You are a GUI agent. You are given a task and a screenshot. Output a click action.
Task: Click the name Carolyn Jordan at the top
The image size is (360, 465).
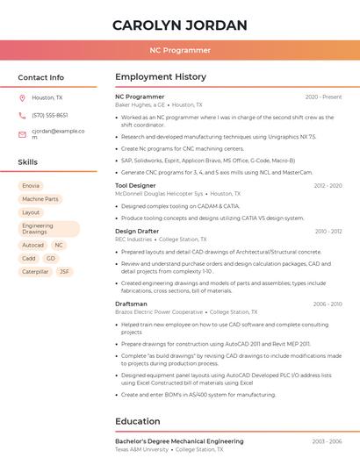(x=179, y=25)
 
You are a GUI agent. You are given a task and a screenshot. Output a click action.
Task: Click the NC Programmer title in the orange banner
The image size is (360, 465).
(x=180, y=51)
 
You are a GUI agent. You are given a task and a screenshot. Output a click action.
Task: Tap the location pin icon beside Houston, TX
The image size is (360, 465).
(x=22, y=97)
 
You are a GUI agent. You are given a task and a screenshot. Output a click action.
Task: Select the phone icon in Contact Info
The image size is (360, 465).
(x=22, y=115)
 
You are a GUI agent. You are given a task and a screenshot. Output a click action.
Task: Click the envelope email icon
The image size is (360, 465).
(x=22, y=134)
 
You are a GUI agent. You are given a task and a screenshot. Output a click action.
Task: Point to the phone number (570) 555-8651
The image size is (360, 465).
(x=50, y=115)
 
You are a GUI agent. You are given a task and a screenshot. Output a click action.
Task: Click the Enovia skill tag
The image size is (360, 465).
(x=31, y=186)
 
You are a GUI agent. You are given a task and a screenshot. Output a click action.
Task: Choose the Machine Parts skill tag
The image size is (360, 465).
(x=40, y=199)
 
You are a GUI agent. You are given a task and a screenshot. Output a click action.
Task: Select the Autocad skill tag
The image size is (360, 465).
(x=32, y=246)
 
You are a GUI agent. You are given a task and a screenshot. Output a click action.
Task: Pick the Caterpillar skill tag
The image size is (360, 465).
(x=35, y=272)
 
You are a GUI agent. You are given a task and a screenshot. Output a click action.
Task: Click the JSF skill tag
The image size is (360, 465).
(x=64, y=272)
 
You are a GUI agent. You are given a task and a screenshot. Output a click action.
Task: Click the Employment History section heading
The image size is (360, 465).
(x=160, y=77)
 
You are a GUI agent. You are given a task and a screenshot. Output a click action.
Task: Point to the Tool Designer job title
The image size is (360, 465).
(x=135, y=185)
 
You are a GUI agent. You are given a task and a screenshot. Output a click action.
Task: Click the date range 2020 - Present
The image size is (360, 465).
(x=323, y=97)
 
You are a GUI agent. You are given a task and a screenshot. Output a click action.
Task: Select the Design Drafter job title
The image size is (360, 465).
(x=137, y=231)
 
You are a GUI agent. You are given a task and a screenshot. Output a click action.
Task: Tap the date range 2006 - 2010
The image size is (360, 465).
(x=325, y=304)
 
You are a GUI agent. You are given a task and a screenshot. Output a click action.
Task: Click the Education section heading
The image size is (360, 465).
(x=137, y=421)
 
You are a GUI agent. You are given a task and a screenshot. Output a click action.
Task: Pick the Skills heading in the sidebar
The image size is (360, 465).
(x=28, y=162)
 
